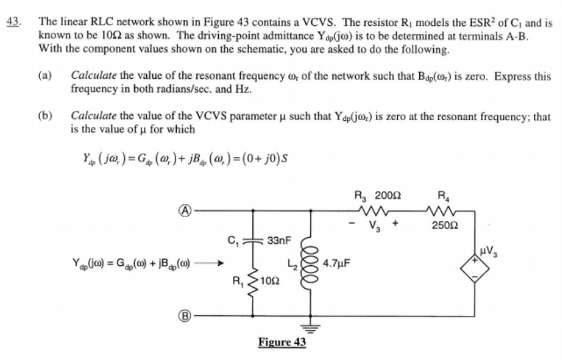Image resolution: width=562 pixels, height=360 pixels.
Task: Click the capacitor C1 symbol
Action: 254,238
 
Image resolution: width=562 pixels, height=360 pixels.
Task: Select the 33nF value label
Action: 278,238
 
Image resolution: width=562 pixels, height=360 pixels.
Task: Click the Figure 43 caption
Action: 282,342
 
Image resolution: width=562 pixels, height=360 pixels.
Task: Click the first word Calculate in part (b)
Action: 92,117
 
